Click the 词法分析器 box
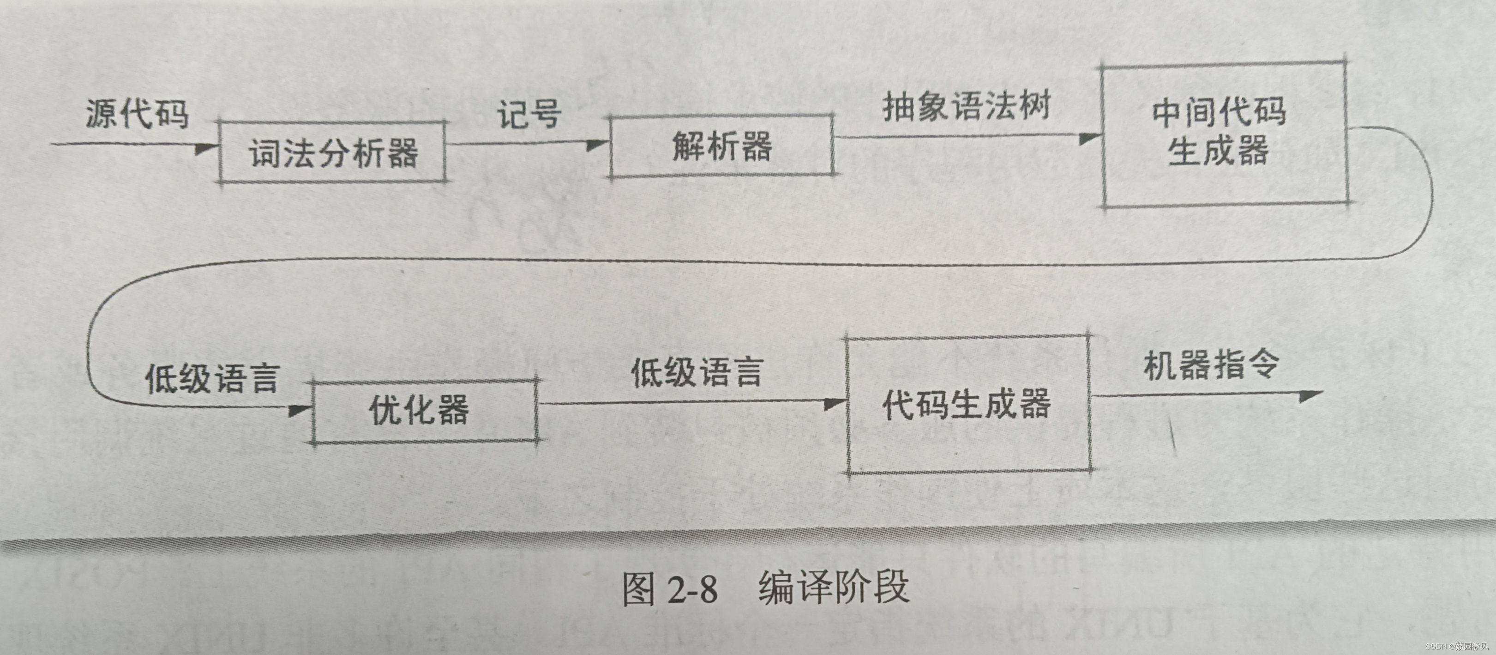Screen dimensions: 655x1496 (x=333, y=153)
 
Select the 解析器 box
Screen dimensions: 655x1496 (x=722, y=146)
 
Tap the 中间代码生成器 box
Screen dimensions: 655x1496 (x=1224, y=135)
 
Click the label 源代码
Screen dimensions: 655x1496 (x=138, y=113)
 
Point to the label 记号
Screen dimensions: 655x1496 (x=529, y=114)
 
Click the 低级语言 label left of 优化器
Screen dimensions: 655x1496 (x=212, y=378)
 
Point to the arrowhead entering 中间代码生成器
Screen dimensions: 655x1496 (x=1089, y=138)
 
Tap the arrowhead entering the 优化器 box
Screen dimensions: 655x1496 (x=300, y=410)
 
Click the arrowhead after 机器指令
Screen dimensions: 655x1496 (x=1310, y=396)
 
